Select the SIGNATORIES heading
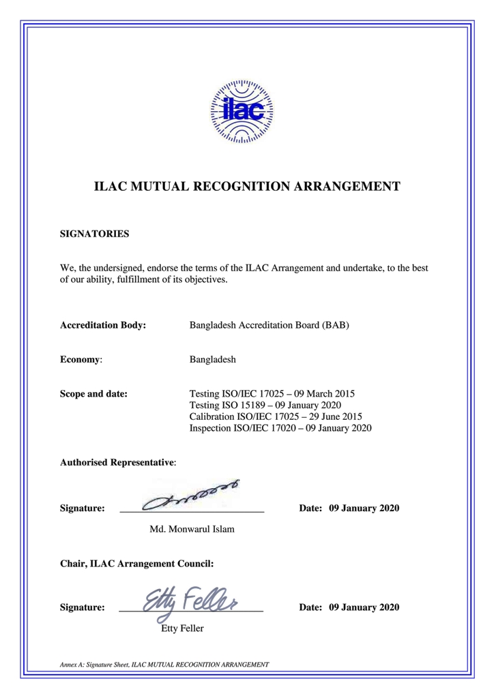point(95,234)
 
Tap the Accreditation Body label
point(103,325)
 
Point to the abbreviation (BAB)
point(334,325)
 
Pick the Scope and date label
point(94,393)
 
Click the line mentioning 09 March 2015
point(271,393)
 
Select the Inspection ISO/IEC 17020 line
point(279,428)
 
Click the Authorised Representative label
point(118,462)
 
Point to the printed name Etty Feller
point(181,628)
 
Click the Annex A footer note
point(164,664)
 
